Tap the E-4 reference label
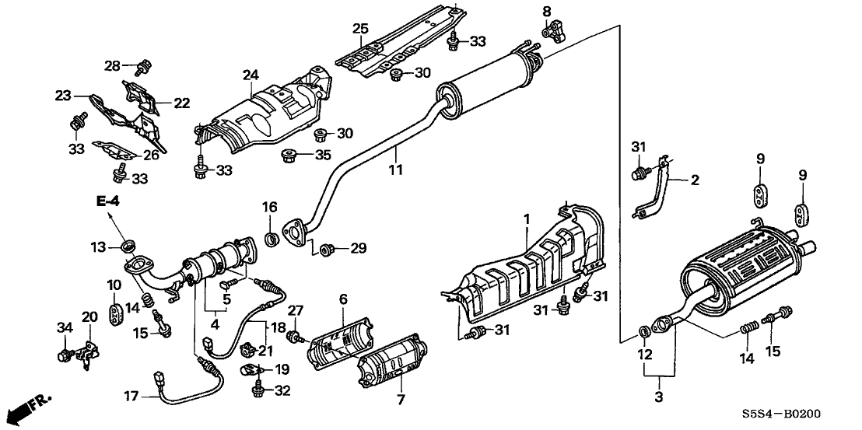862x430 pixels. (x=108, y=202)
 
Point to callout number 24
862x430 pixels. (x=249, y=75)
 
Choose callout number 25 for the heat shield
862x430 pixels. (x=359, y=29)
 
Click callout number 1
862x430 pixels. (x=526, y=220)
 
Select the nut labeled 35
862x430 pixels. (x=289, y=153)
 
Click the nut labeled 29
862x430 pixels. (x=328, y=249)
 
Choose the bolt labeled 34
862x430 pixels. (x=64, y=356)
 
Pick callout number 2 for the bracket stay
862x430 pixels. (x=694, y=180)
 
